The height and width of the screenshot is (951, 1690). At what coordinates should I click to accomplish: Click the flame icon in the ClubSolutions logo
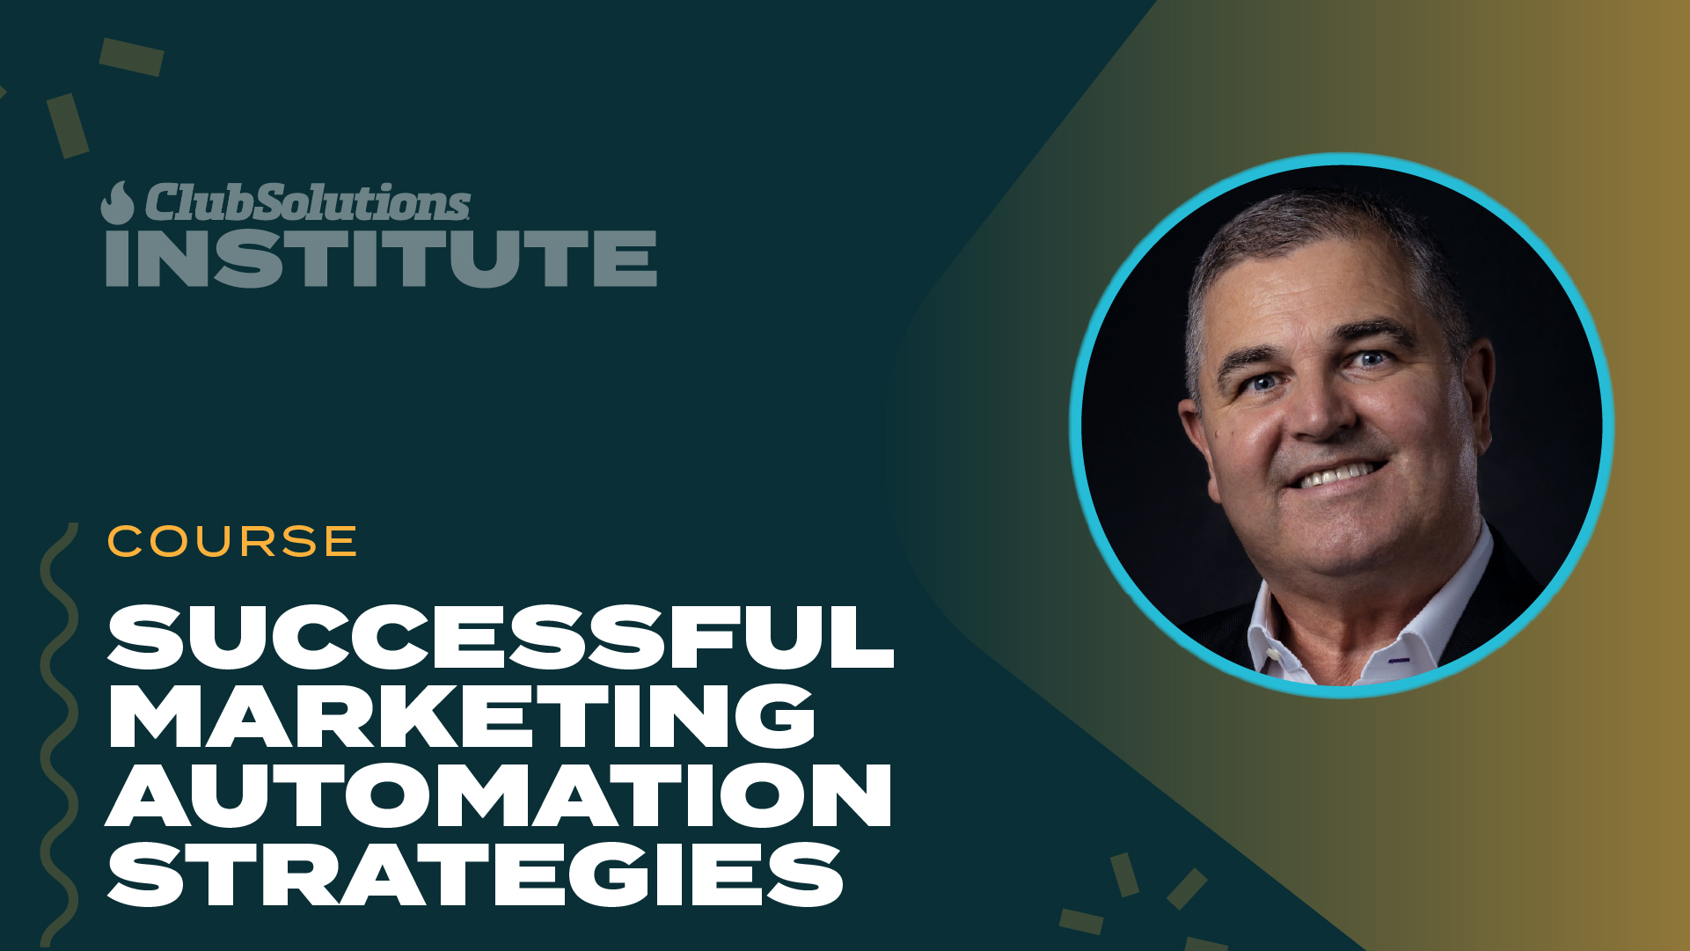click(117, 203)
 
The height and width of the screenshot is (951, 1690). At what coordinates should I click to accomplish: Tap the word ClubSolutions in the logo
click(308, 202)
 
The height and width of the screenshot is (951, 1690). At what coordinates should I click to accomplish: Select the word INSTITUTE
click(381, 259)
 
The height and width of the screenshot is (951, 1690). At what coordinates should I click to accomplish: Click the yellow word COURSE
click(232, 541)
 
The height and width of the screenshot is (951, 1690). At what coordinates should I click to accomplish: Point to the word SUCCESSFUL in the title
click(500, 637)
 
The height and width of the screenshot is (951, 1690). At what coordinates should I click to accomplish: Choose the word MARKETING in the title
click(461, 716)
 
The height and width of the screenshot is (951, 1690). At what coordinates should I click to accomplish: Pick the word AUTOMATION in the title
click(499, 795)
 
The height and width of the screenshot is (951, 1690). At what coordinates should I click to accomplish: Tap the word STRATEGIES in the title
click(475, 874)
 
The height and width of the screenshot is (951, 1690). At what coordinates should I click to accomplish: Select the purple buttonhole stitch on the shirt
click(1399, 660)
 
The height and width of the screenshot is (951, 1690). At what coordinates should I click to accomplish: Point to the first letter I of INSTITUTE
click(118, 259)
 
